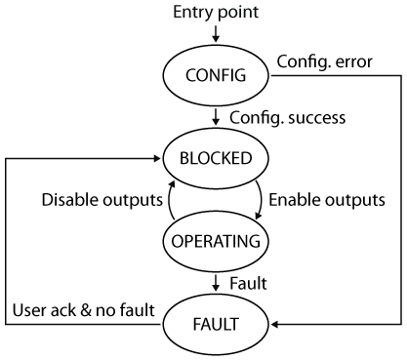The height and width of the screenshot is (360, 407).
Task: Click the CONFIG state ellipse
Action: tap(211, 73)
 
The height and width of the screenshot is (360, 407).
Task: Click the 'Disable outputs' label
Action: tap(101, 200)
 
